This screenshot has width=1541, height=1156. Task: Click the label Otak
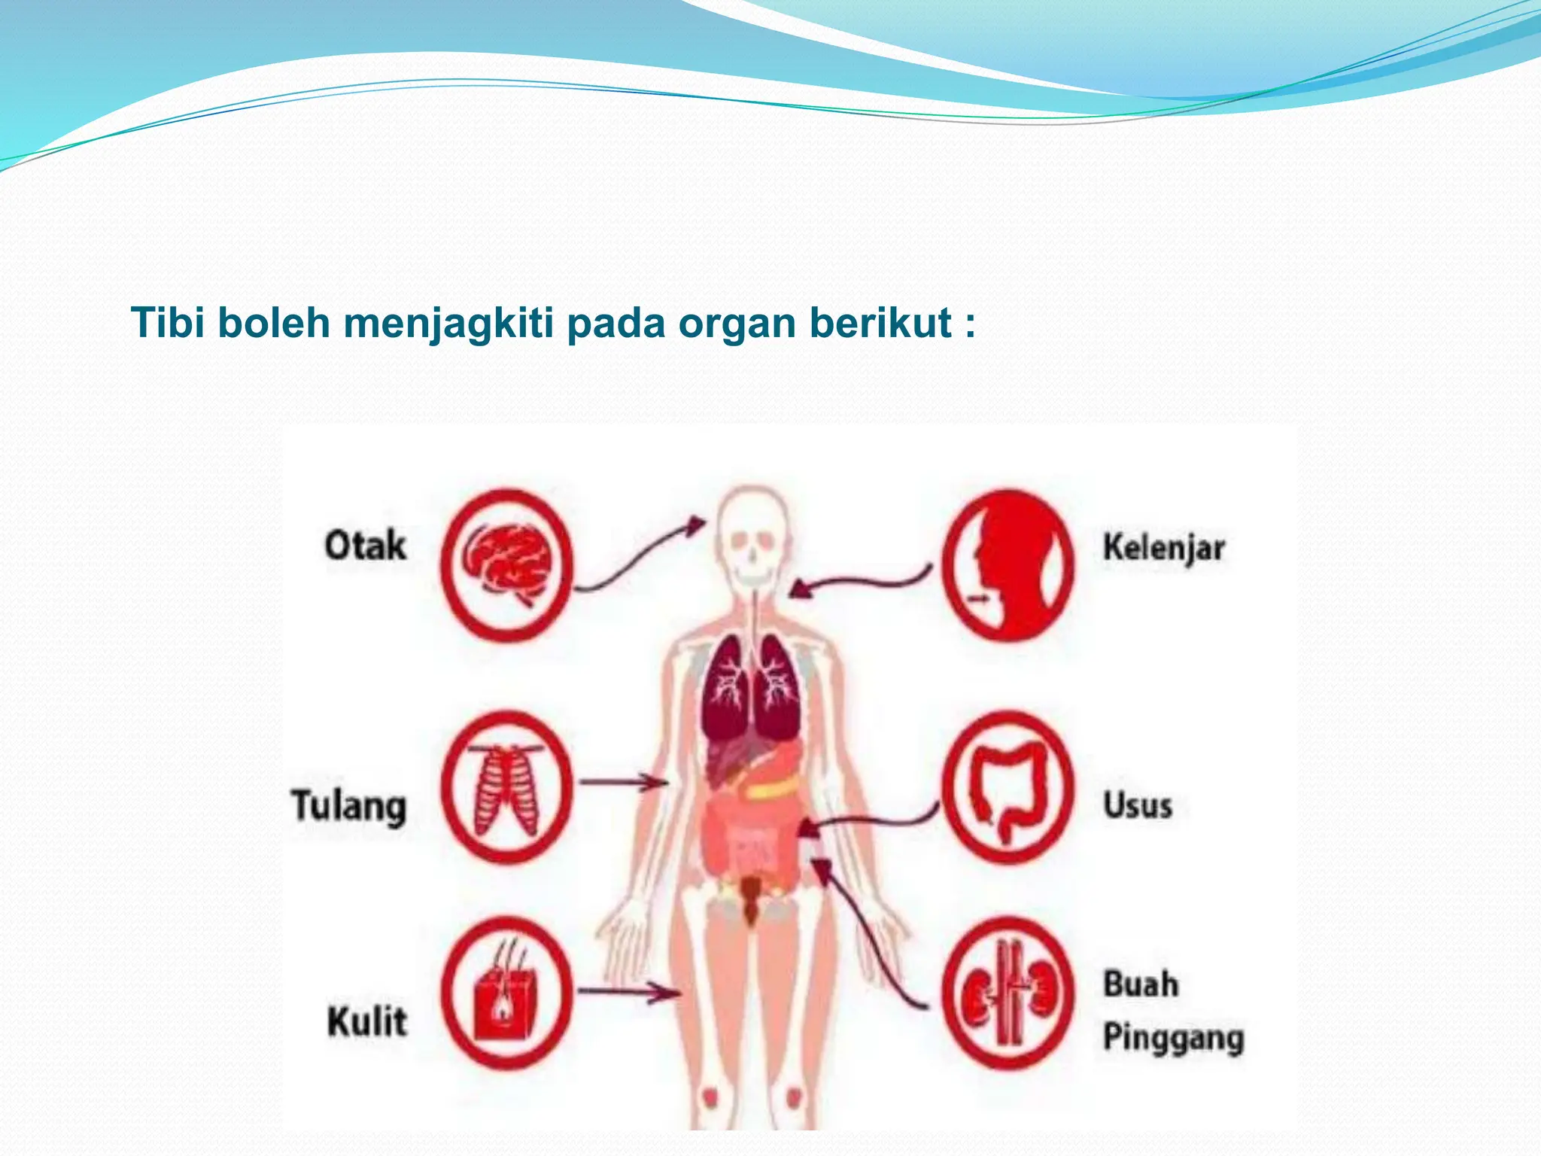(365, 546)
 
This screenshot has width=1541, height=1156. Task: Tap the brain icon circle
(506, 564)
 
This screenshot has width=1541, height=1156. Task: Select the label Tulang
(349, 806)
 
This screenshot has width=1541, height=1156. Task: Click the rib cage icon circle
(506, 787)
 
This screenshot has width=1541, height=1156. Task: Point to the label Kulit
(367, 1021)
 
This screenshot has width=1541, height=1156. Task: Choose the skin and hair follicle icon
(506, 993)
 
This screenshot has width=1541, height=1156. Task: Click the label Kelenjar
(1163, 548)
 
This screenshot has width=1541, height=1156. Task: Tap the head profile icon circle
(1008, 564)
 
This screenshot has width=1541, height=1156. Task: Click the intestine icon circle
(1008, 787)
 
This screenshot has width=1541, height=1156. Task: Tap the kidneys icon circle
(1008, 993)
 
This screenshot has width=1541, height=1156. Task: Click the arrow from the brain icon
(640, 553)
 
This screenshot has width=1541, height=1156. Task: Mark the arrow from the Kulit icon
(628, 993)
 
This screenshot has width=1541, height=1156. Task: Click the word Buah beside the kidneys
(1141, 984)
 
